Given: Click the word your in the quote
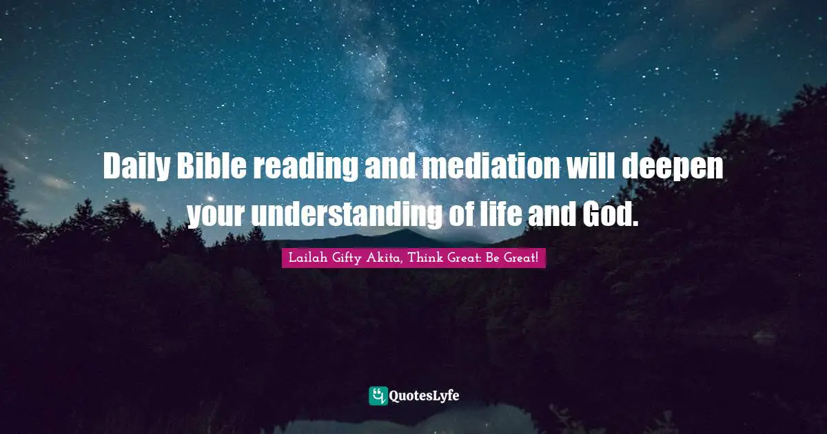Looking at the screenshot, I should tap(216, 216).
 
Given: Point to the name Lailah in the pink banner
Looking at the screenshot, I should tap(304, 258).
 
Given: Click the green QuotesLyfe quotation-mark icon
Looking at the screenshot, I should tap(378, 395).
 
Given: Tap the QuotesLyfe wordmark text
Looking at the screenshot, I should tap(424, 395).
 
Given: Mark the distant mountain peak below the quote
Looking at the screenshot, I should tap(407, 234).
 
